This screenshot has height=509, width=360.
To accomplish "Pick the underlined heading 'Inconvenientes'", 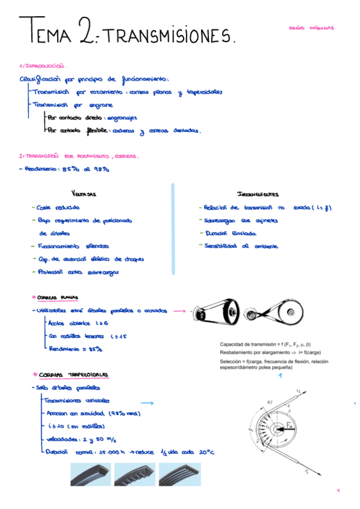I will [257, 194].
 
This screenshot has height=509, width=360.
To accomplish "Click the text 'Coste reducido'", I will [59, 208].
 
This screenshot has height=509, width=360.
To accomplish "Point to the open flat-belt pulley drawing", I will [215, 314].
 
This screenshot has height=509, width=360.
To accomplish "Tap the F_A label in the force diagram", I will [290, 425].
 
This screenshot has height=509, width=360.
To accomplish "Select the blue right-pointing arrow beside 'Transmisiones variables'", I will [146, 403].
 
